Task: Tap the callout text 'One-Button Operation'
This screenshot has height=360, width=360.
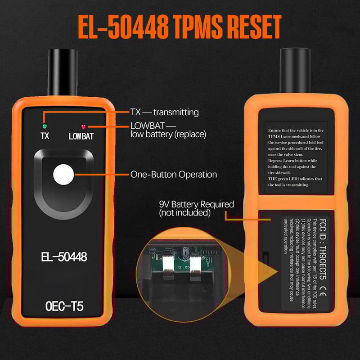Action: pyautogui.click(x=173, y=174)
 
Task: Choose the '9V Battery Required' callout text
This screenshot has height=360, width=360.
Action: pyautogui.click(x=196, y=204)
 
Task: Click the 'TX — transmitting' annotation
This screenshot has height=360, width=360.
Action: pyautogui.click(x=164, y=112)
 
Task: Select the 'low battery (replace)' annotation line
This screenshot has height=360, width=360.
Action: pyautogui.click(x=168, y=134)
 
